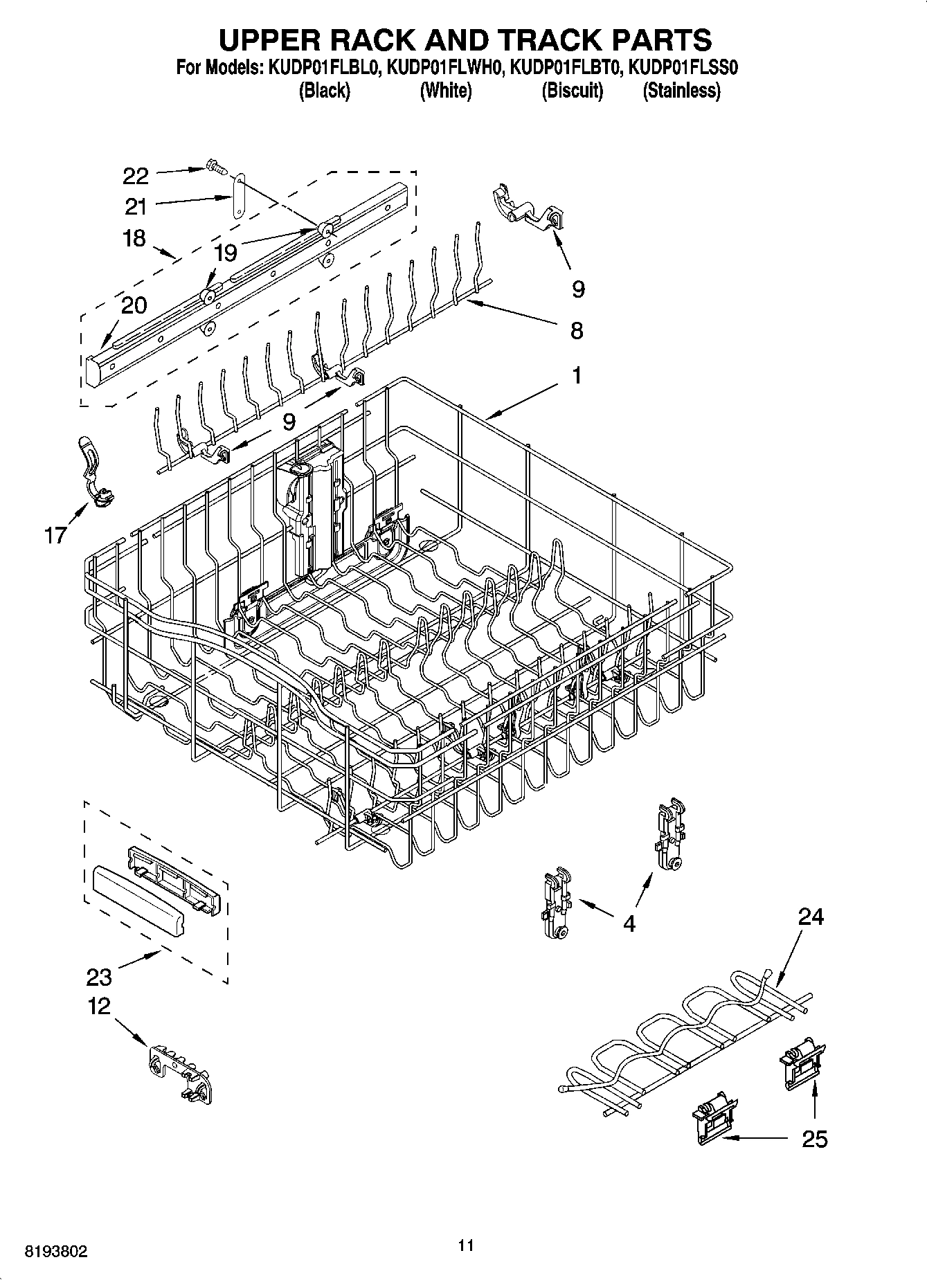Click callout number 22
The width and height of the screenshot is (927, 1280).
(136, 176)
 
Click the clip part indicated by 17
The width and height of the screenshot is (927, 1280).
(94, 470)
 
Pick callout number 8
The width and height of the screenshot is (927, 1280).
(577, 330)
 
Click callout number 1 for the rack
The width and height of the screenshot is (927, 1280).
(576, 376)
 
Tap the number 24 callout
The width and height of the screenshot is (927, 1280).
(811, 917)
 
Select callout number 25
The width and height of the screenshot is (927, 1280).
(814, 1139)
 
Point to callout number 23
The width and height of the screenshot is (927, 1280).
(99, 977)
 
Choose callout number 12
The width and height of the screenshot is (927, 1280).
(99, 1006)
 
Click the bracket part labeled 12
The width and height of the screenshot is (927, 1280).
(179, 1071)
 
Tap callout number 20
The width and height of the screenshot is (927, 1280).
(134, 305)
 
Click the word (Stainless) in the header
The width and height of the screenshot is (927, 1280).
(681, 91)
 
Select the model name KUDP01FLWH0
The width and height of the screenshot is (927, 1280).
(442, 68)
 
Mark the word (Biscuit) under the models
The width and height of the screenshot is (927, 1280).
(572, 91)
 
